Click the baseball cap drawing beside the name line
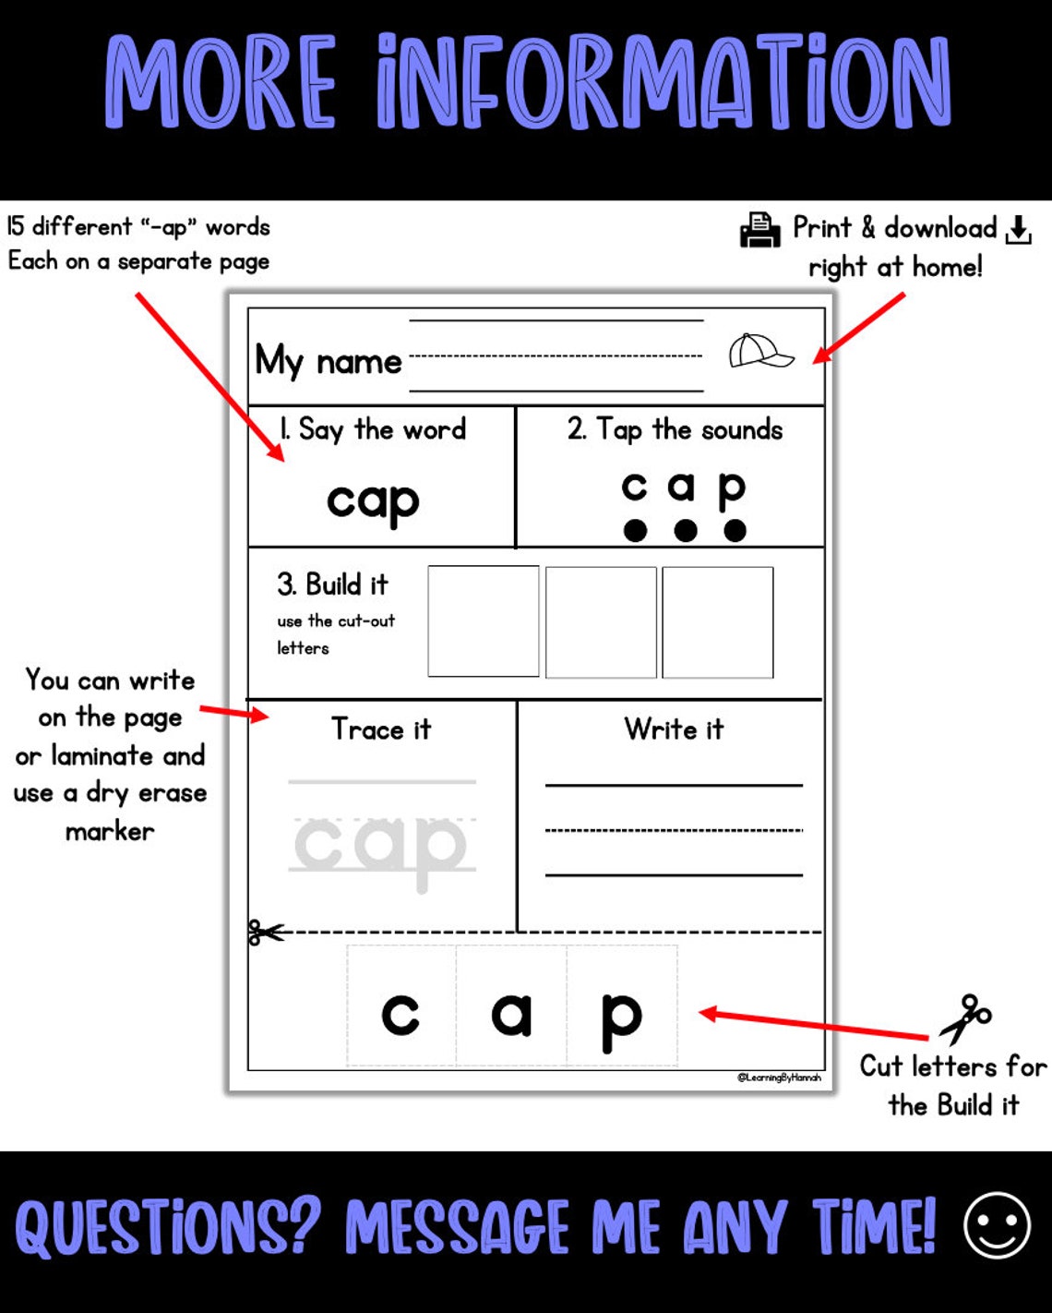(760, 351)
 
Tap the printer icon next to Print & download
(760, 230)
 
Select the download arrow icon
(1018, 230)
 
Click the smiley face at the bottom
(997, 1225)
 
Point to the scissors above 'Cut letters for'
(965, 1018)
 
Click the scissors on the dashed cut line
(266, 933)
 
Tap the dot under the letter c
(635, 530)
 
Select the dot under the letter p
(735, 530)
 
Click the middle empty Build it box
(601, 621)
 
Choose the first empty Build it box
(484, 621)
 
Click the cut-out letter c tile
(401, 1006)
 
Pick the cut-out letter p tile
(621, 1006)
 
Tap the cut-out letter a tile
(511, 1006)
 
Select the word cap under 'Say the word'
(373, 501)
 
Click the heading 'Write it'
(674, 729)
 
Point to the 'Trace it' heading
(381, 729)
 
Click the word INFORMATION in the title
(663, 82)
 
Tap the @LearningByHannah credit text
(779, 1078)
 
